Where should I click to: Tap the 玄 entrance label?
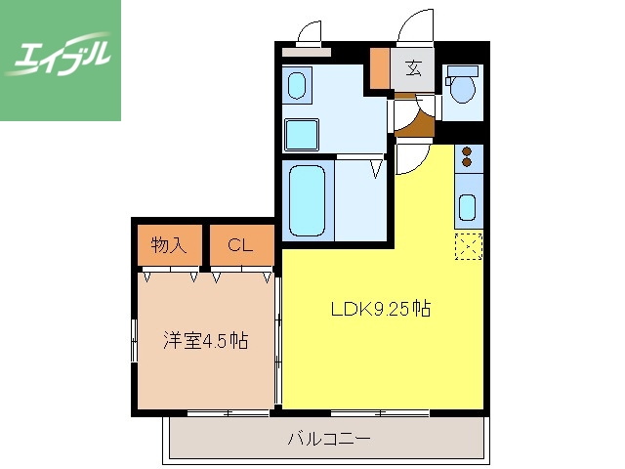[x=413, y=68]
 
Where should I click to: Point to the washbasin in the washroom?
[x=298, y=84]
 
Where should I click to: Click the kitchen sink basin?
[x=469, y=207]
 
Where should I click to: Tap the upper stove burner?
[x=468, y=152]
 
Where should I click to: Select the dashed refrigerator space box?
[x=469, y=247]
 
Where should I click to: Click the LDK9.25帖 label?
[x=381, y=310]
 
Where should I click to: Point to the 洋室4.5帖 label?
[x=204, y=341]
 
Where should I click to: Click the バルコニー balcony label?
[x=328, y=439]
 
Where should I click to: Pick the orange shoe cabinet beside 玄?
[x=380, y=68]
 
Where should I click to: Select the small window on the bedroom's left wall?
[x=134, y=341]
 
